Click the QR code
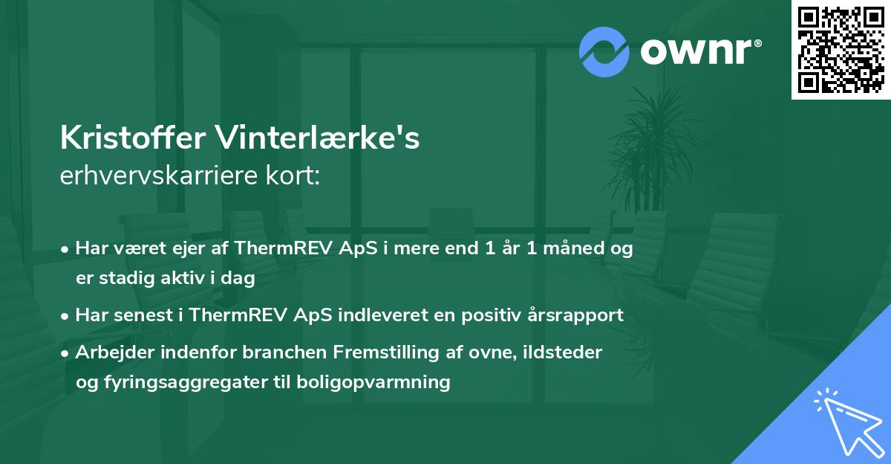(841, 50)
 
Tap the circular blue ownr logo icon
(604, 52)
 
